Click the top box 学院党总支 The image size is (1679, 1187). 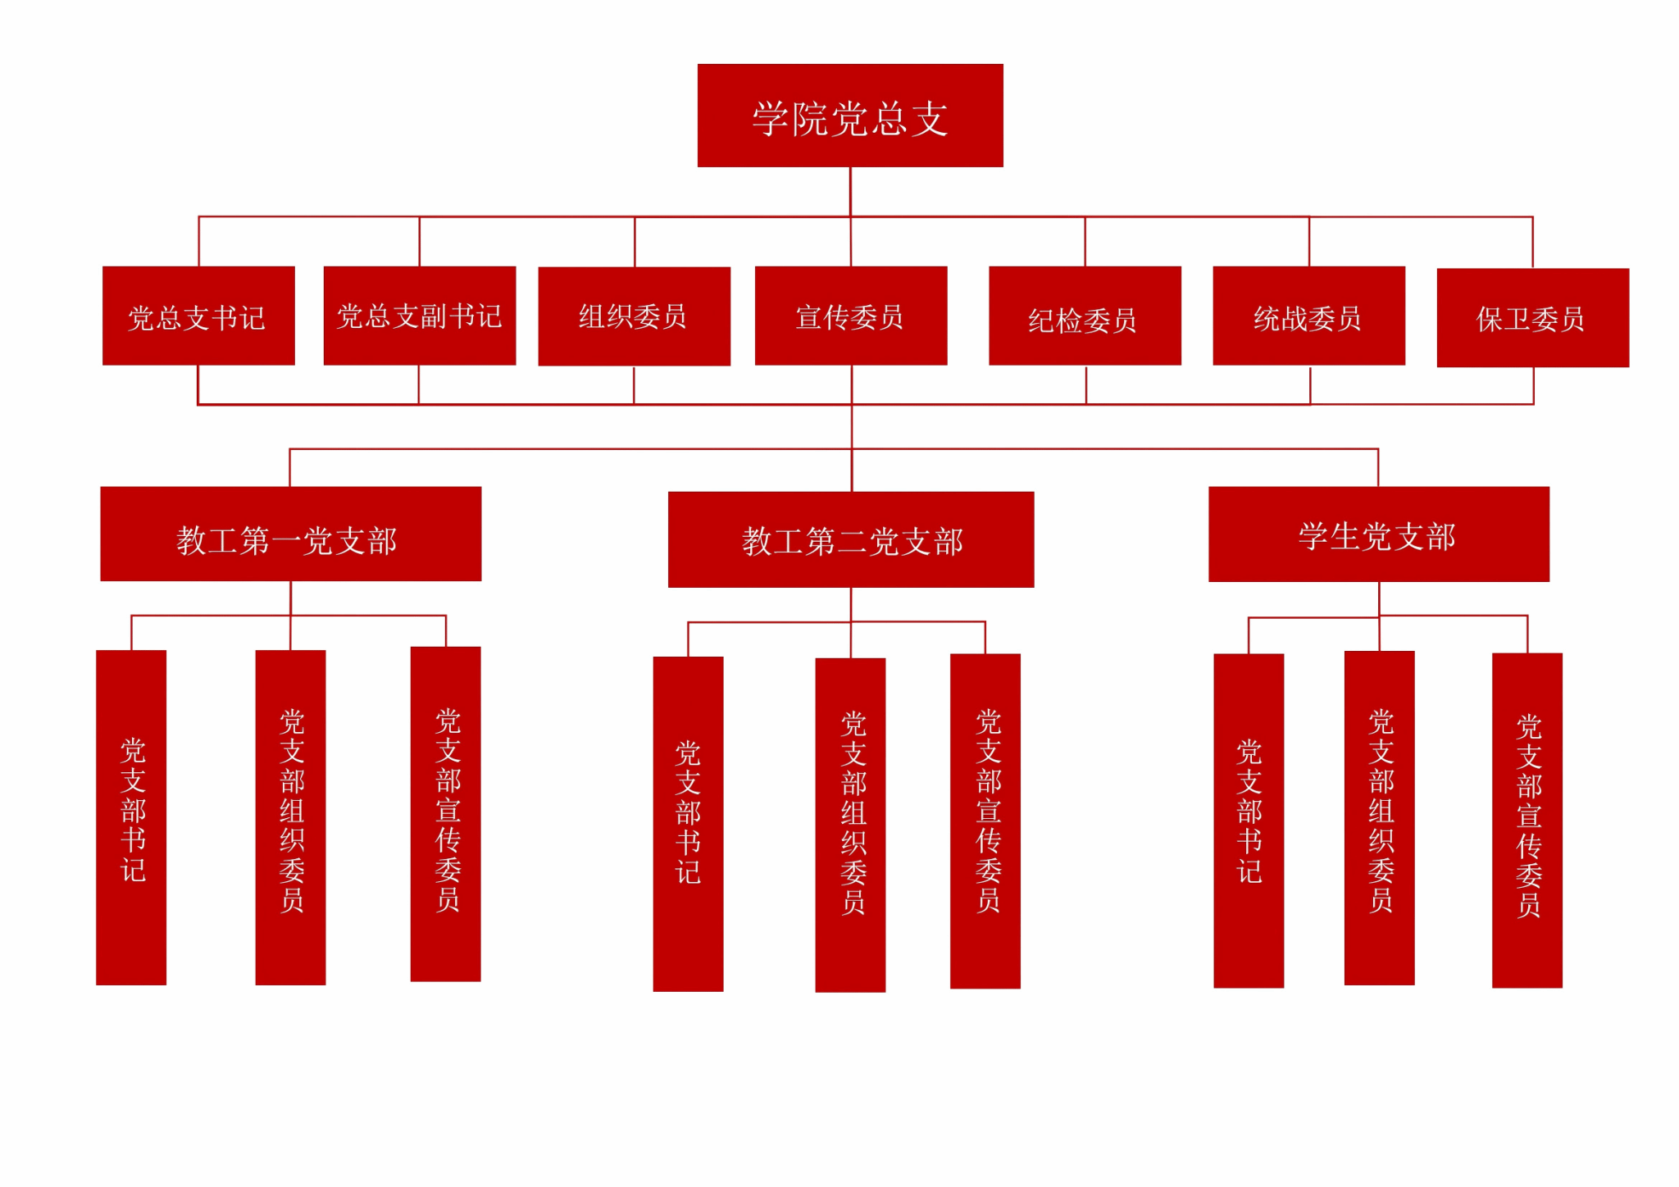pyautogui.click(x=850, y=116)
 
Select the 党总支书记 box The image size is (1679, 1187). pyautogui.click(x=198, y=316)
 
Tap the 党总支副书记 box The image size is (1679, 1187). pyautogui.click(x=420, y=316)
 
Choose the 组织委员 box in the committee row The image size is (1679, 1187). pyautogui.click(x=634, y=316)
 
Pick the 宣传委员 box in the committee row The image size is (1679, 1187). pyautogui.click(x=851, y=316)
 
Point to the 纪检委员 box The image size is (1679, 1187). pyautogui.click(x=1085, y=316)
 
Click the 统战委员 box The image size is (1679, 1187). pyautogui.click(x=1308, y=316)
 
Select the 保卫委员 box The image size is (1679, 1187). pyautogui.click(x=1532, y=317)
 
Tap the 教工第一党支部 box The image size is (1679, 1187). pyautogui.click(x=290, y=534)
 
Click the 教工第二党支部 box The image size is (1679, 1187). pyautogui.click(x=851, y=539)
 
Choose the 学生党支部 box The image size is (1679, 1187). pyautogui.click(x=1378, y=534)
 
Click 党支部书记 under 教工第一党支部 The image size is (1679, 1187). pyautogui.click(x=131, y=817)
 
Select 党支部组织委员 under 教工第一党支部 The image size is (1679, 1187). pyautogui.click(x=290, y=817)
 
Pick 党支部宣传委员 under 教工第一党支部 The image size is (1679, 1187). pyautogui.click(x=445, y=814)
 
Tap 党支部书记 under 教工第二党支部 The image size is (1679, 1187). pyautogui.click(x=688, y=824)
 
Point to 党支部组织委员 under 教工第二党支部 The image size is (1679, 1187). pyautogui.click(x=850, y=825)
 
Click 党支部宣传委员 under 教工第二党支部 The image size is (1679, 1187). pyautogui.click(x=985, y=821)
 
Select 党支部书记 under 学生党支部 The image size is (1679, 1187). pyautogui.click(x=1249, y=821)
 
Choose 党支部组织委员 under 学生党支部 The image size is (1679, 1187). pyautogui.click(x=1379, y=818)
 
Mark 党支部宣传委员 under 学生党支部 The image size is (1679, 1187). pyautogui.click(x=1527, y=821)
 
